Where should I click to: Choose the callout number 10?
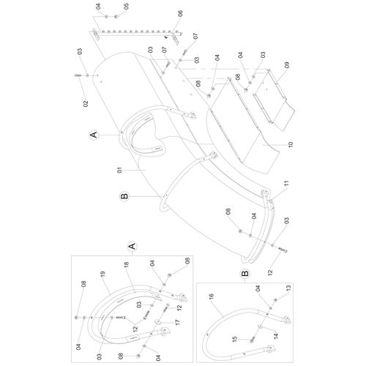[x=291, y=144]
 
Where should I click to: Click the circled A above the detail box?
[x=92, y=135]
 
